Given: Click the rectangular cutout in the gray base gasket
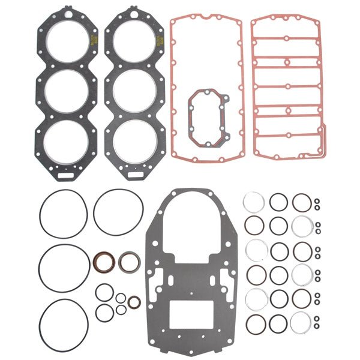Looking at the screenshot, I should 187,314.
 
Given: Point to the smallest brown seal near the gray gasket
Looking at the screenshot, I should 134,301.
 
